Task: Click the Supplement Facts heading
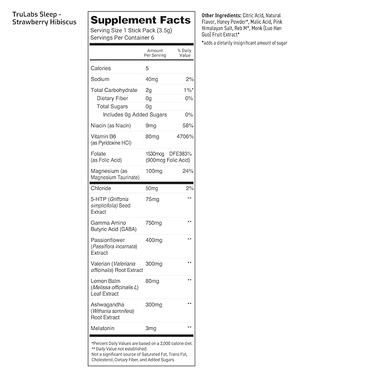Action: click(x=140, y=20)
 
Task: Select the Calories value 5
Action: click(x=147, y=68)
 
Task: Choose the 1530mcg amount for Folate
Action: click(x=156, y=153)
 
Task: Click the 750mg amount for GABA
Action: click(x=154, y=223)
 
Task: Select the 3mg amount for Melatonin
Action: click(x=151, y=328)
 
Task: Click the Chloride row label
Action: click(x=101, y=188)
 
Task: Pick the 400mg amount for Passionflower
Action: click(x=154, y=240)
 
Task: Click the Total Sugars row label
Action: click(x=112, y=106)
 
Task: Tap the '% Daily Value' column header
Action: click(x=184, y=53)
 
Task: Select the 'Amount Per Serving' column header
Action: click(x=154, y=53)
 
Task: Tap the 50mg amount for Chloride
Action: click(x=152, y=188)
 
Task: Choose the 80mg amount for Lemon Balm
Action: click(x=152, y=281)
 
